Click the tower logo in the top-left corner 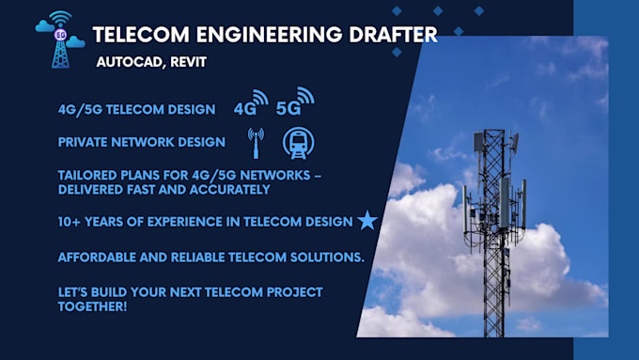(59, 39)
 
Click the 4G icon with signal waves (250, 103)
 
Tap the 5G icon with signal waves (294, 101)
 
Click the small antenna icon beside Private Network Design (255, 142)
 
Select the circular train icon (299, 142)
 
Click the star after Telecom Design (366, 221)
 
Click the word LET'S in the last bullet (75, 291)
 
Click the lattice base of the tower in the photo (492, 301)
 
